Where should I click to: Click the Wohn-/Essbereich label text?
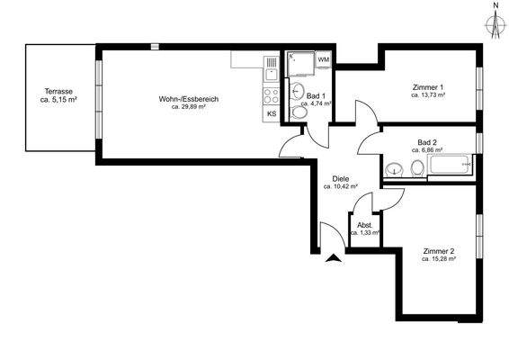(x=189, y=98)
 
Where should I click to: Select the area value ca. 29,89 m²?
(x=189, y=107)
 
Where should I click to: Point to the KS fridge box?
(x=272, y=114)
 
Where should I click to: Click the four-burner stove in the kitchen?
(x=271, y=93)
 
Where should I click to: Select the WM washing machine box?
(x=323, y=59)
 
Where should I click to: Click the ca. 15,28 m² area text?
(x=439, y=258)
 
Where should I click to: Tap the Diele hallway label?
(x=340, y=178)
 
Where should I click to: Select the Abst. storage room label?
(x=364, y=225)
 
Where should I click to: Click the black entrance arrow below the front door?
(x=335, y=258)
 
